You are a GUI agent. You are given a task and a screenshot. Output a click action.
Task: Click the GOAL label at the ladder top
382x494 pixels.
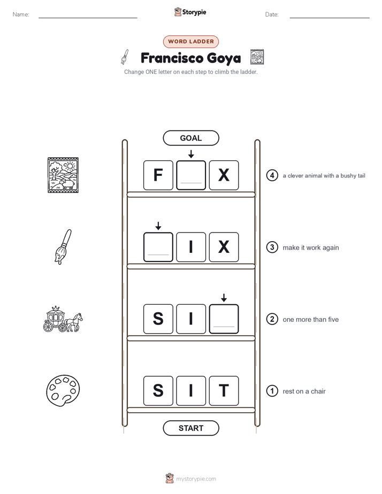point(191,138)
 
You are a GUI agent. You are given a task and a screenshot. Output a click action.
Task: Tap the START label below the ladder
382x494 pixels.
point(191,428)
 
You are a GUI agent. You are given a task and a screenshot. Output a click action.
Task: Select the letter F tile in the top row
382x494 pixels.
point(158,175)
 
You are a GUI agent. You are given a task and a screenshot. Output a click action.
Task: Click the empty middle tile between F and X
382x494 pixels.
point(191,175)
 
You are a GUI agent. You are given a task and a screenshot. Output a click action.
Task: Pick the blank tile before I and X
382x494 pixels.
point(158,247)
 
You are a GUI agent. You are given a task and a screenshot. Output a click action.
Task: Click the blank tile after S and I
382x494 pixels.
point(224,319)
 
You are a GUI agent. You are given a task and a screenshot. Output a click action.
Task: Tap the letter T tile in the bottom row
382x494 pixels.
point(224,391)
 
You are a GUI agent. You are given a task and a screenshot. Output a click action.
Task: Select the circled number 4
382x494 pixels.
point(272,175)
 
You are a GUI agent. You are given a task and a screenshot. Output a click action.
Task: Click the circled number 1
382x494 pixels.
point(272,391)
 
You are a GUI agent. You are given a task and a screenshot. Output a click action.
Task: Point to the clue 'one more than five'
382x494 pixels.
point(310,320)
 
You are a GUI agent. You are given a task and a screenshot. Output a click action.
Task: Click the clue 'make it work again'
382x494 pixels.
point(311,248)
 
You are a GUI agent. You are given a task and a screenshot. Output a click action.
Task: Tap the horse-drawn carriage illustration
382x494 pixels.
point(63,319)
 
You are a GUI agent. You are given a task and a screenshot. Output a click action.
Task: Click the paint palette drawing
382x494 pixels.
point(63,391)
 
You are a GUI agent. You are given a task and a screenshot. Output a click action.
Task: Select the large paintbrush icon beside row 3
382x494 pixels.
point(63,247)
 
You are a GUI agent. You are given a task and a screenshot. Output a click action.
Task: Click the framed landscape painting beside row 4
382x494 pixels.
point(63,175)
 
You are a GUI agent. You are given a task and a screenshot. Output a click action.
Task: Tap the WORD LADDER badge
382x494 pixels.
point(191,42)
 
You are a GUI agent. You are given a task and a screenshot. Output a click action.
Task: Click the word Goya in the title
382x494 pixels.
point(220,58)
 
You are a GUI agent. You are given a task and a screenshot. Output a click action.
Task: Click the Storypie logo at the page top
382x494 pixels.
point(190,12)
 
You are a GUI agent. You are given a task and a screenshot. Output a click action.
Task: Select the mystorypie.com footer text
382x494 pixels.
point(196,479)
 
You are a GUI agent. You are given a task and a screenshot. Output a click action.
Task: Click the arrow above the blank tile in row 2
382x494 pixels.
point(224,298)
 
